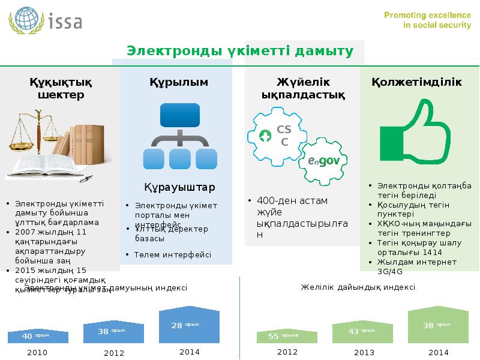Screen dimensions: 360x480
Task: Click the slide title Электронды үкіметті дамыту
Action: click(238, 51)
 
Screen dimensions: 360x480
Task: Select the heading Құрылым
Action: click(179, 82)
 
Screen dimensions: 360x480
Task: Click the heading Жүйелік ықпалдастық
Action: click(303, 88)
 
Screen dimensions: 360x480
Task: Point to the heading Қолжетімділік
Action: click(416, 82)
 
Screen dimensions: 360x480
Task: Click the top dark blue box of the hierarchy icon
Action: click(179, 115)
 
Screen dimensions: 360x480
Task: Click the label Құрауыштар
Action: click(179, 188)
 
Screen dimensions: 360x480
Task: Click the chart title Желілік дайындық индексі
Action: click(358, 287)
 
